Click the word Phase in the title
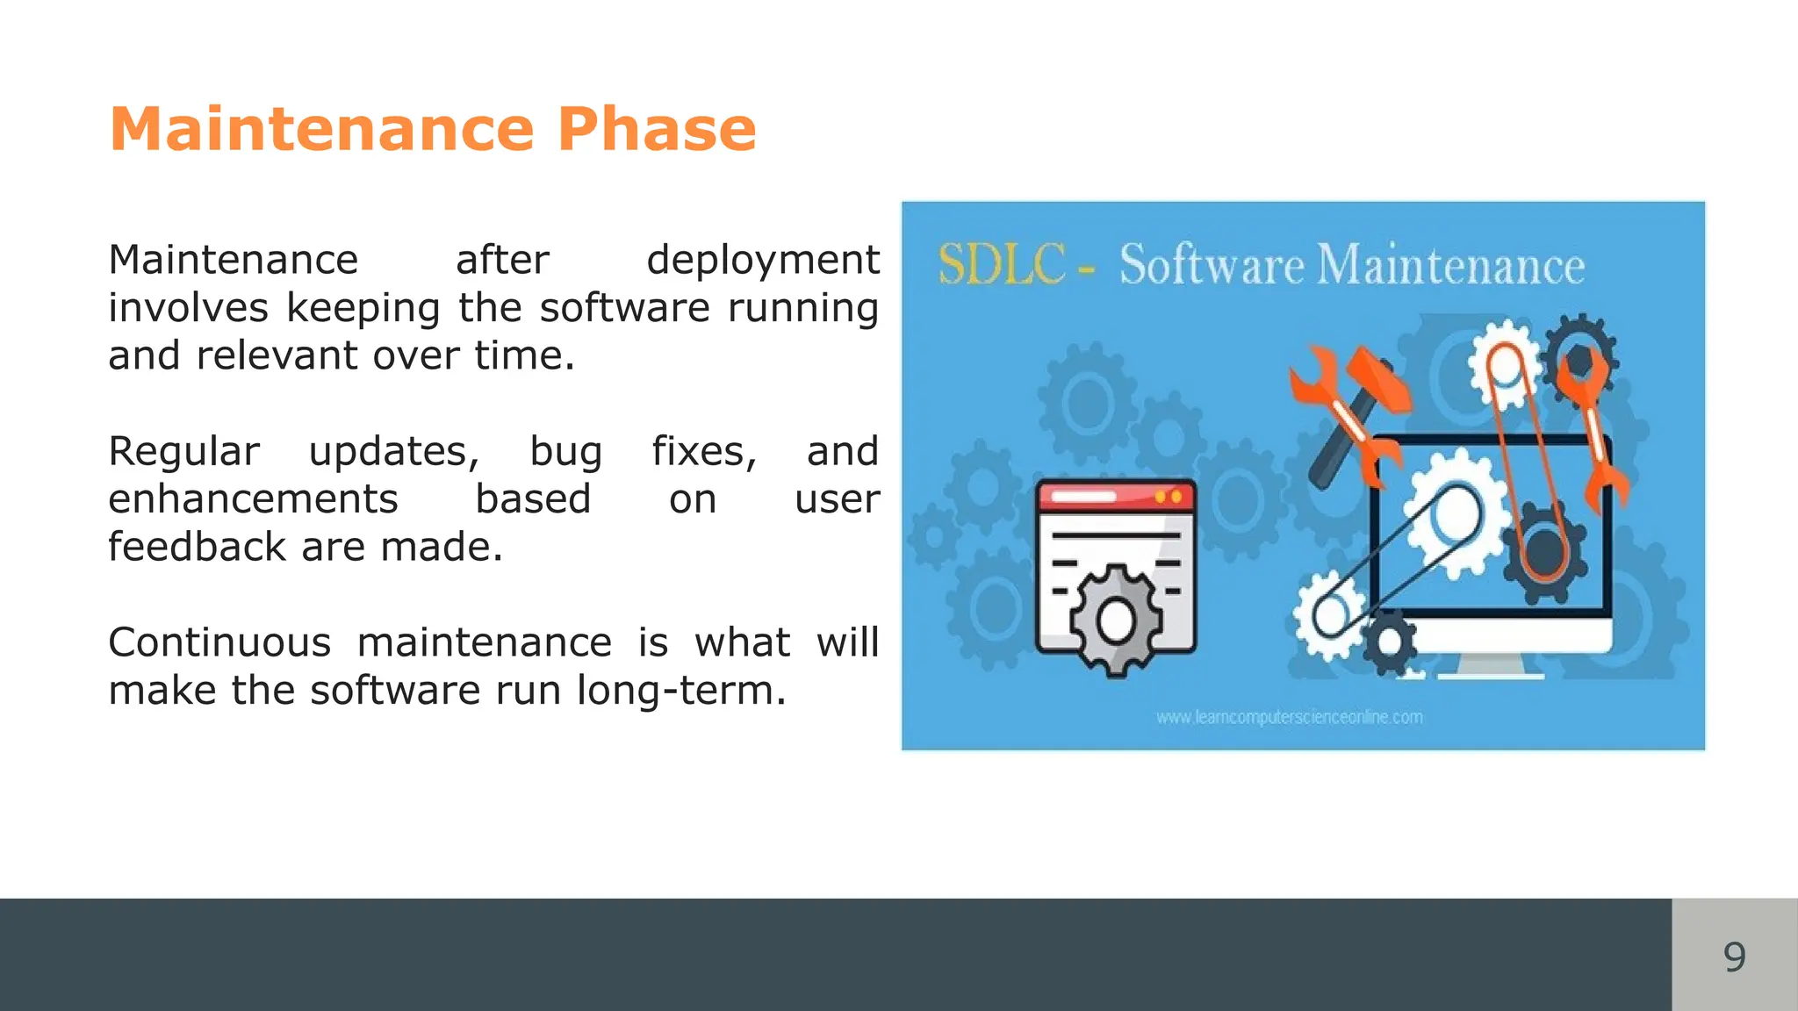point(656,130)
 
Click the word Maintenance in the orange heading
point(321,130)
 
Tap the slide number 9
point(1734,956)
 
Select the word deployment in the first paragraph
point(762,261)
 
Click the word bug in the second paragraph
point(565,452)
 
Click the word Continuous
point(219,642)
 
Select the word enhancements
point(253,499)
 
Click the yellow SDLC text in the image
point(1002,264)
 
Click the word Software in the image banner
point(1212,265)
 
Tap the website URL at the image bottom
point(1289,718)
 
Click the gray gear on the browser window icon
point(1117,620)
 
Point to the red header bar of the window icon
point(1116,497)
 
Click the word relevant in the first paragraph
point(278,356)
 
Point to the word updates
point(393,452)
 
